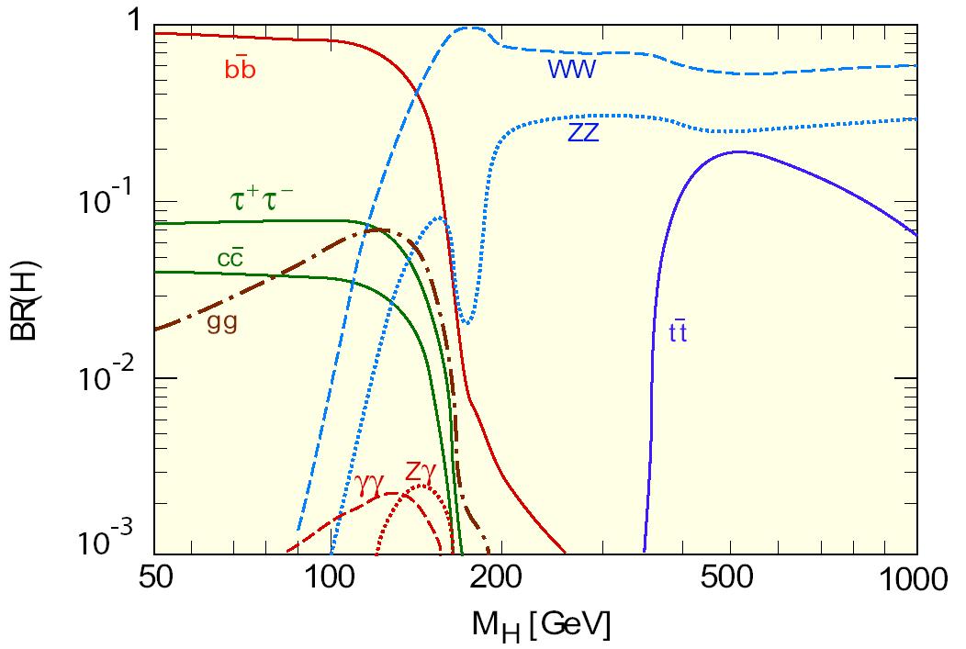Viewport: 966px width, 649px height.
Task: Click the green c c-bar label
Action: [230, 258]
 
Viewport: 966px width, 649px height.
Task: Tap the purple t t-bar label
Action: [678, 332]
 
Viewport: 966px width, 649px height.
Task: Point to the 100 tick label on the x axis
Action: [332, 581]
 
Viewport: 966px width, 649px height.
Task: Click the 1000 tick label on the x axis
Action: [909, 581]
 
